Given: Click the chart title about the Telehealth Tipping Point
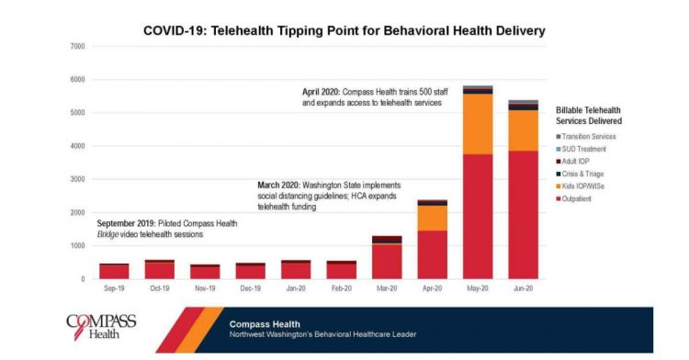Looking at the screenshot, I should (x=344, y=30).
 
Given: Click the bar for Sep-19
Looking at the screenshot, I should (x=114, y=271).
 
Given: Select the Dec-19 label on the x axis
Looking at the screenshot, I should (x=250, y=287).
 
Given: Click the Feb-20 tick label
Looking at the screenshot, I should (x=341, y=287).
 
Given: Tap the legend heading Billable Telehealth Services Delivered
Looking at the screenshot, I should (x=593, y=115).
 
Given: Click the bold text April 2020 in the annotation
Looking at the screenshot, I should (x=325, y=92).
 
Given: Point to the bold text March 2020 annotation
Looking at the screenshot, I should (x=281, y=185).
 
